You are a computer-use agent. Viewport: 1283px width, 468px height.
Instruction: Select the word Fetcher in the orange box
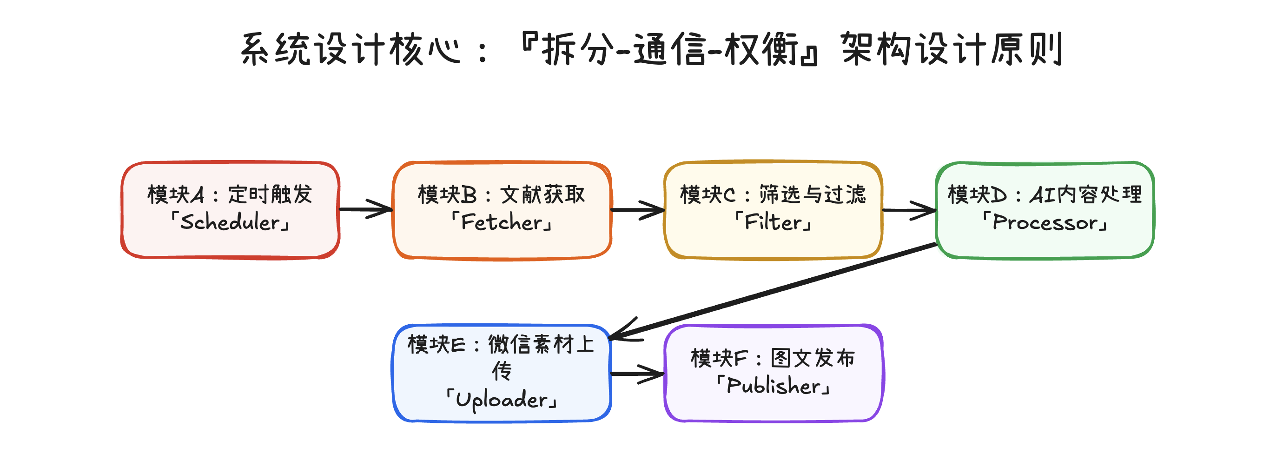point(502,222)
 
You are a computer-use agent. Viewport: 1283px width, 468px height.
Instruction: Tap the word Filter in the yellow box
point(774,222)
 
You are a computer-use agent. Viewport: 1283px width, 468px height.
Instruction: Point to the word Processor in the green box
point(1045,222)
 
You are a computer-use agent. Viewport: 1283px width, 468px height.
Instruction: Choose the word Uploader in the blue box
point(502,399)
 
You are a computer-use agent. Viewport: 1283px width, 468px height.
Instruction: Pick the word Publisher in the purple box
point(774,386)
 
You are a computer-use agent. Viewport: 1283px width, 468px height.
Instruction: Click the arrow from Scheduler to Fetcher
point(366,209)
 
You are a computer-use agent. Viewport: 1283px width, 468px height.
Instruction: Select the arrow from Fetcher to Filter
point(638,210)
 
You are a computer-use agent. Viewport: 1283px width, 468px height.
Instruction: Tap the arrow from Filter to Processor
point(909,210)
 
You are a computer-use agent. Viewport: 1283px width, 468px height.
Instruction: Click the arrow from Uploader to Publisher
point(637,373)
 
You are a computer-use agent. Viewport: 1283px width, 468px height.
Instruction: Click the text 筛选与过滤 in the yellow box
point(813,194)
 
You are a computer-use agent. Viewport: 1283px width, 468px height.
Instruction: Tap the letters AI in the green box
point(1042,195)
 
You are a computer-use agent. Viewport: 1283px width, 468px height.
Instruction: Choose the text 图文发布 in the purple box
point(813,358)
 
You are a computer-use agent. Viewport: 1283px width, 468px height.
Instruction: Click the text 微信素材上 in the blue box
point(541,344)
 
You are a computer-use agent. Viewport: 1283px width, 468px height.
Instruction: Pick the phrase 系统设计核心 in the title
point(351,49)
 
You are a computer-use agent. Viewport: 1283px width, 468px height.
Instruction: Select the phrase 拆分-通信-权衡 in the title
point(670,49)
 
